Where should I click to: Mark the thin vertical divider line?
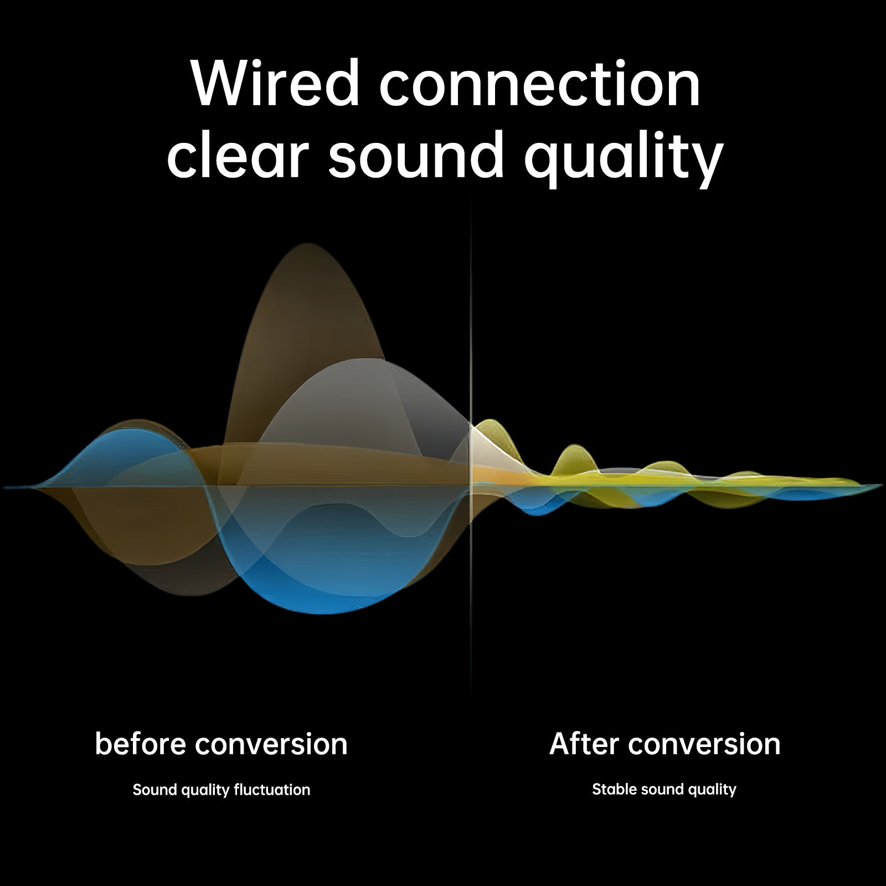point(471,449)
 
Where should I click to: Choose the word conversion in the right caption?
point(704,744)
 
